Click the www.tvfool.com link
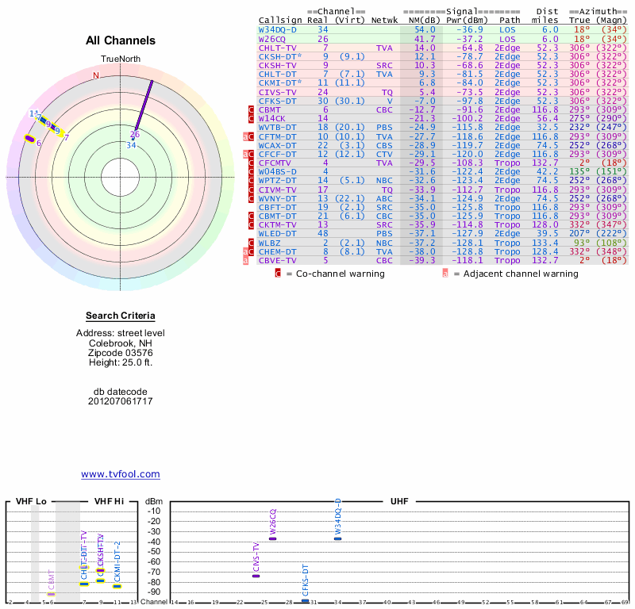[121, 474]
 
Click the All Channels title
[121, 40]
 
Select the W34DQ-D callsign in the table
[278, 29]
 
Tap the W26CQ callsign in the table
[272, 39]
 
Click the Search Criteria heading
[121, 316]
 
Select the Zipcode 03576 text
[121, 353]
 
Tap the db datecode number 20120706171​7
[121, 401]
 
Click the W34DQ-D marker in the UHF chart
[337, 538]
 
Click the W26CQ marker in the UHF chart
[272, 538]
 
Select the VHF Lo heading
[31, 502]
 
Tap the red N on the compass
[96, 75]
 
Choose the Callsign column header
[277, 20]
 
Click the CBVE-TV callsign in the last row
[277, 260]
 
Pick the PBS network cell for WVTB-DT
[384, 127]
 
